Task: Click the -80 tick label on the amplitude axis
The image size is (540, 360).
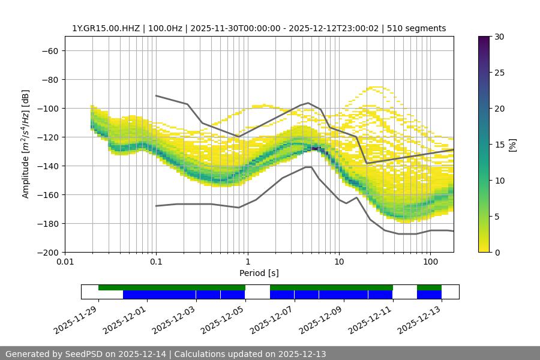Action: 49,80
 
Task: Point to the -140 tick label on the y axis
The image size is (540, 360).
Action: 46,166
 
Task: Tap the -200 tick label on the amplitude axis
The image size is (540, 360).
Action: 46,253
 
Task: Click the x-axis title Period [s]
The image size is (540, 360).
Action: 259,274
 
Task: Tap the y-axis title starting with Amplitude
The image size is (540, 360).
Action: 25,145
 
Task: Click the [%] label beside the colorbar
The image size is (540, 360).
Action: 512,145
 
